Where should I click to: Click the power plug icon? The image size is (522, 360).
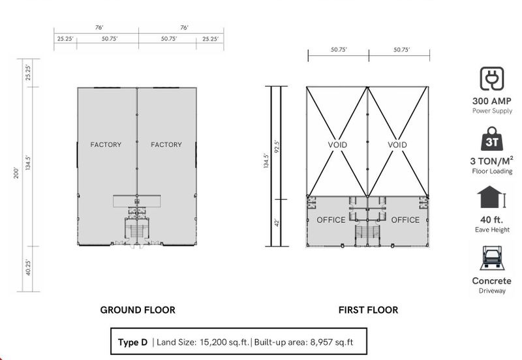tap(492, 79)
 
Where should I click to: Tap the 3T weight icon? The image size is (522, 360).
tap(492, 139)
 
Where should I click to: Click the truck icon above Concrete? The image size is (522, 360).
tap(492, 258)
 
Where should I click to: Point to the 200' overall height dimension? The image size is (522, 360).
tap(16, 173)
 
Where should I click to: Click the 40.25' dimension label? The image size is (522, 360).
tap(28, 268)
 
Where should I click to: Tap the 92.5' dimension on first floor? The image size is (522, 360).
tap(276, 146)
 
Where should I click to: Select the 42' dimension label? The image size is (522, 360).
tap(276, 222)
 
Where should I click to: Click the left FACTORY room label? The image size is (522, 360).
tap(106, 145)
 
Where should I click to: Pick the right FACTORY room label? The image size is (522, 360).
tap(166, 145)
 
